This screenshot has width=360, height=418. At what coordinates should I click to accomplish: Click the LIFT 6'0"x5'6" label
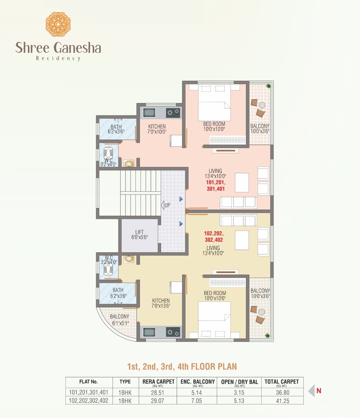pos(139,235)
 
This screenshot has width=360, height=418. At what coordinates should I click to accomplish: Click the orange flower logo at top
pos(58,24)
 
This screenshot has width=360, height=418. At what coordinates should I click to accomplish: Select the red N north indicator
pos(319,391)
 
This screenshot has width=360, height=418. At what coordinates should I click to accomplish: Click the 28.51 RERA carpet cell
pos(158,393)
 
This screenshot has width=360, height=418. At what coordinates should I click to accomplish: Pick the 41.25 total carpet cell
pos(282,401)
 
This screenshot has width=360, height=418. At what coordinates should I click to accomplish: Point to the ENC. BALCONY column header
pos(197,382)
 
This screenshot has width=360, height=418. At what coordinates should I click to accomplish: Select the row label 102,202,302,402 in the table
pos(89,401)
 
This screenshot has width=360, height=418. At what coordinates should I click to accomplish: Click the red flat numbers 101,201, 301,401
pos(216,185)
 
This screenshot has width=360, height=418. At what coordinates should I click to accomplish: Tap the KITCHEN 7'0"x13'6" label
pos(161,303)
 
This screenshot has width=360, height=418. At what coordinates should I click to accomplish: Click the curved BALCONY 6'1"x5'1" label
pos(119,320)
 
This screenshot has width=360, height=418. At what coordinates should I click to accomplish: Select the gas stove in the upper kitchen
pos(173,112)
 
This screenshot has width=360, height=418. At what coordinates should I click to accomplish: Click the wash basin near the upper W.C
pos(129,164)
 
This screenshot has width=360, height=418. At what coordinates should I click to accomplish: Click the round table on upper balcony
pos(262,105)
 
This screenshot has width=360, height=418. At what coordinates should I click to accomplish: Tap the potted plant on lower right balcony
pos(268,335)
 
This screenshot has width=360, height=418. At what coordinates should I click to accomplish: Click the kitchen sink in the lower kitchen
pos(149,332)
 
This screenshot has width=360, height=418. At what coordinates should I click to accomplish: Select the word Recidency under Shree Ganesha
pos(58,58)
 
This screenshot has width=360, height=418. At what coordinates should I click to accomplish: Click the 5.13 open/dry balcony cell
pos(239,401)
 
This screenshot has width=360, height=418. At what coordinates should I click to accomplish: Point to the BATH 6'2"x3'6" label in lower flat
pos(118,293)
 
